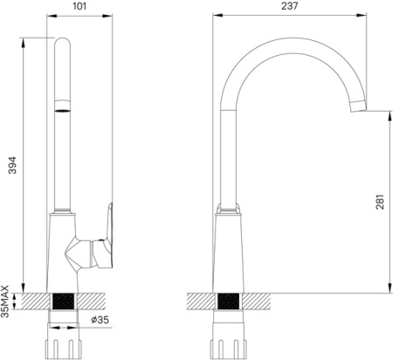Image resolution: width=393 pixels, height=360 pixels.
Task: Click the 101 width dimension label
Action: click(x=79, y=6)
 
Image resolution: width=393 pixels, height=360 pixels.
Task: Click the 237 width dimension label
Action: click(x=290, y=6)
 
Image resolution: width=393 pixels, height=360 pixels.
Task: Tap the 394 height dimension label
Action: click(x=12, y=165)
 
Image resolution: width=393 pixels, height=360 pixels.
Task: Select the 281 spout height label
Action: click(x=380, y=202)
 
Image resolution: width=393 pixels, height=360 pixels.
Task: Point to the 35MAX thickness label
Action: click(x=5, y=301)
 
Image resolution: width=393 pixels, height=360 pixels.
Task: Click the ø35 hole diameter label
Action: click(x=100, y=320)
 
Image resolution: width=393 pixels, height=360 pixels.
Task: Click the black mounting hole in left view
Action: click(x=63, y=301)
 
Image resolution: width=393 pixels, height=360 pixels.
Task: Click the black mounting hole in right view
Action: click(x=228, y=301)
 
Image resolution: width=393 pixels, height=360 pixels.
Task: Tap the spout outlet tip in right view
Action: click(x=358, y=106)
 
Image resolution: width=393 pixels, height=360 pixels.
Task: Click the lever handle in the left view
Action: click(x=102, y=236)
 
